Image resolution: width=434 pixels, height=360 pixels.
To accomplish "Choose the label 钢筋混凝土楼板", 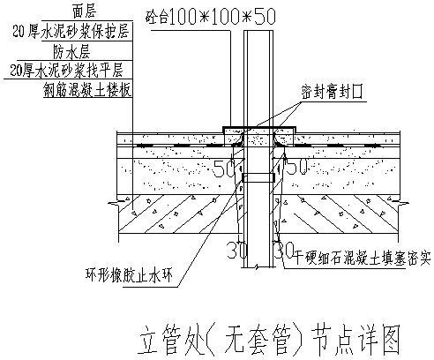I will tap(85, 88).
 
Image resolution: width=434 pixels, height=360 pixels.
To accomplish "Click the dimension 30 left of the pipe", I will tap(235, 251).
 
